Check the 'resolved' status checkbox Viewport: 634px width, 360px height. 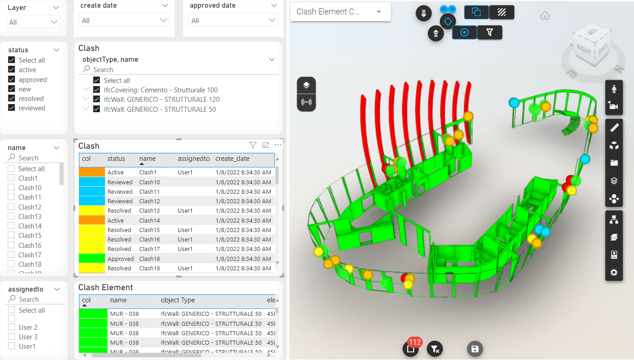click(12, 99)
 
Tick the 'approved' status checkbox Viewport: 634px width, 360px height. click(12, 80)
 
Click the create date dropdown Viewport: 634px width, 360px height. click(124, 20)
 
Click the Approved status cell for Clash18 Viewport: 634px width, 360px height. click(120, 259)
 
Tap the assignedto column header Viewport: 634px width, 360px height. click(194, 159)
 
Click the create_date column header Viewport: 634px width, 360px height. click(232, 159)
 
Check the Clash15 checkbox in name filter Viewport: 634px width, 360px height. click(11, 236)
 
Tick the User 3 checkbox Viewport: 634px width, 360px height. click(11, 337)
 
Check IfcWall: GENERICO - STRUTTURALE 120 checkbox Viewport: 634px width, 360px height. click(96, 100)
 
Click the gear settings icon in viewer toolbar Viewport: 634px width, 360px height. click(614, 273)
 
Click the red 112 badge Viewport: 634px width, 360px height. click(414, 342)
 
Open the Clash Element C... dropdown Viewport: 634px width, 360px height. click(340, 12)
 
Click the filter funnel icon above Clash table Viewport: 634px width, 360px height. click(253, 145)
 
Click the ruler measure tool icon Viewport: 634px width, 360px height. click(614, 128)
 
